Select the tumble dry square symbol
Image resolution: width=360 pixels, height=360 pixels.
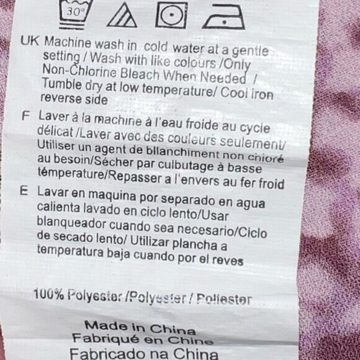pyautogui.click(x=171, y=15)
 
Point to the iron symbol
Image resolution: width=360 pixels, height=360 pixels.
pyautogui.click(x=223, y=17)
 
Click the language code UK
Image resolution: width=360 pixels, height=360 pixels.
pyautogui.click(x=30, y=41)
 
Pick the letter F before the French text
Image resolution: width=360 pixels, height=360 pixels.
pyautogui.click(x=25, y=115)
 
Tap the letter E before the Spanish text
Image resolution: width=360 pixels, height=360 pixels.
pyautogui.click(x=24, y=191)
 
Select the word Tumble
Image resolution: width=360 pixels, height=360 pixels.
pyautogui.click(x=62, y=84)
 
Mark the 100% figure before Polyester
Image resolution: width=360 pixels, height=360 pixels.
pyautogui.click(x=48, y=294)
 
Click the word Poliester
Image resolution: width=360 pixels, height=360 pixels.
pyautogui.click(x=224, y=299)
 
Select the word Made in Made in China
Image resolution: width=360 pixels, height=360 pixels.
pyautogui.click(x=106, y=326)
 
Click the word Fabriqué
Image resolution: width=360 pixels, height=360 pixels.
pyautogui.click(x=106, y=338)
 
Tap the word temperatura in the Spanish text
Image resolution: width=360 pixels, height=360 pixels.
pyautogui.click(x=71, y=251)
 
